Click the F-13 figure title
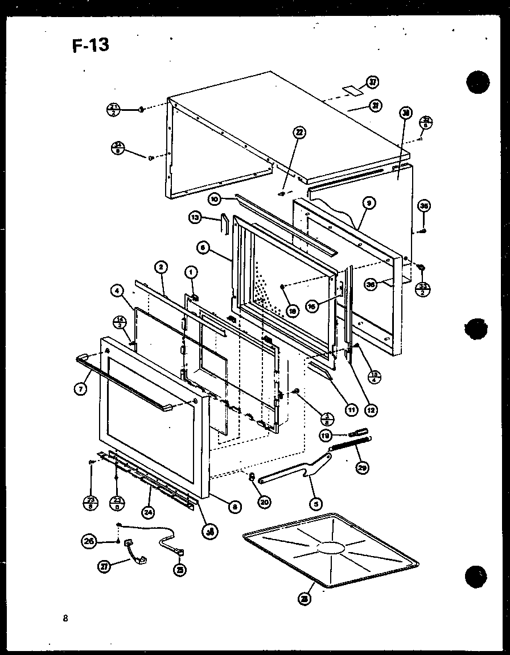coord(91,44)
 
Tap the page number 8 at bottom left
coord(65,619)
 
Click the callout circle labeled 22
coord(299,133)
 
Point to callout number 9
coord(371,202)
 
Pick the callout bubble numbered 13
coord(195,217)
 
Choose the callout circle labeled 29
coord(362,467)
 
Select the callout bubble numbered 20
coord(265,501)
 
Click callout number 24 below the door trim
coord(148,512)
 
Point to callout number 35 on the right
coord(423,206)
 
